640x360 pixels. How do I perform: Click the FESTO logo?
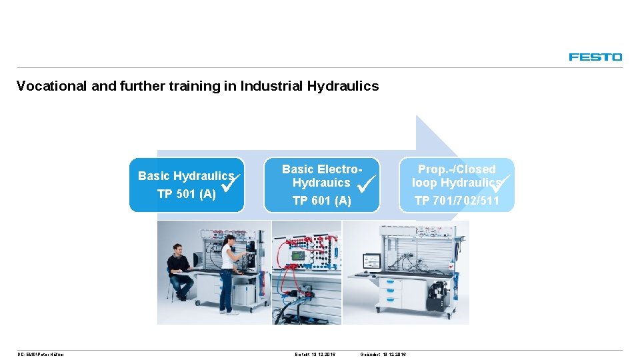point(595,57)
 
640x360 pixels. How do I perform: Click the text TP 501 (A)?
point(186,194)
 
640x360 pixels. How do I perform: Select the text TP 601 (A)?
point(321,201)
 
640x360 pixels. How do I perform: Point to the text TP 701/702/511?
point(457,201)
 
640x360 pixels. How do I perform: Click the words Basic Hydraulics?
point(185,176)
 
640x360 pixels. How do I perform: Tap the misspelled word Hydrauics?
point(321,183)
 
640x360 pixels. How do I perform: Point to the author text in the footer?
point(41,354)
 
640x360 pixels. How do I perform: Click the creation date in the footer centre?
point(315,354)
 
